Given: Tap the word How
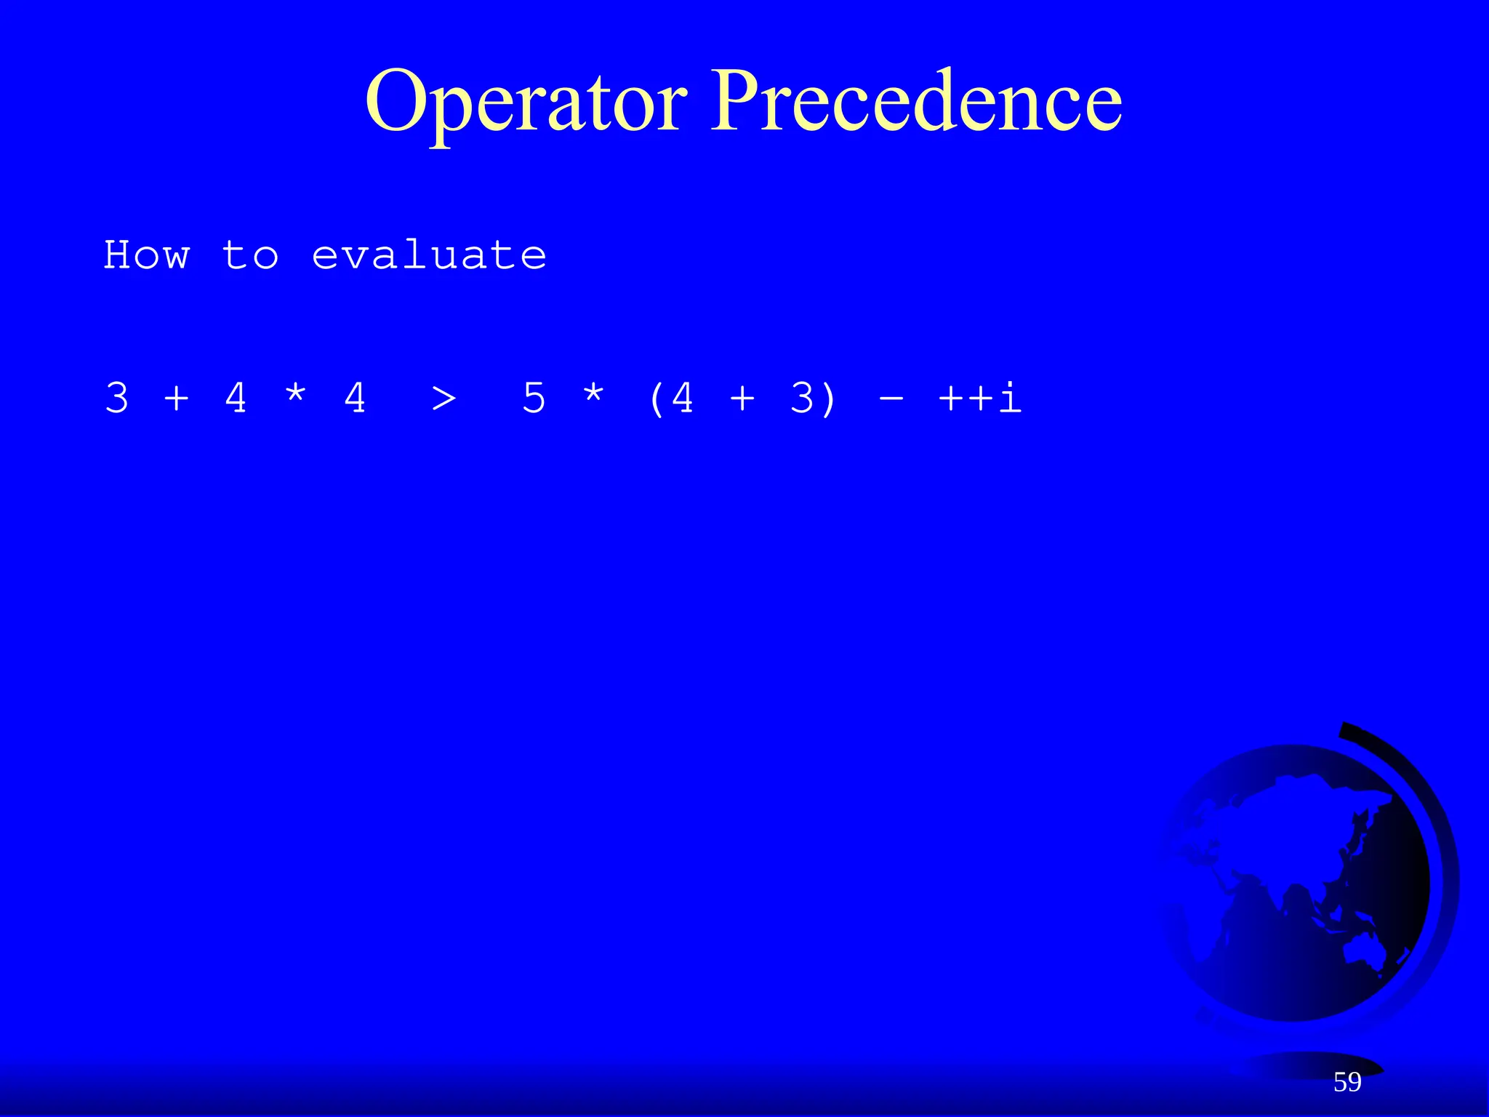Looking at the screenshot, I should click(x=147, y=255).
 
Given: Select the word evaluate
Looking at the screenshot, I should click(x=429, y=255).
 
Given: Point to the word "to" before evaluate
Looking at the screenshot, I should click(x=250, y=255).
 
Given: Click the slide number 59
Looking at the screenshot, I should click(x=1347, y=1082).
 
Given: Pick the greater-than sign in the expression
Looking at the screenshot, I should click(x=444, y=399).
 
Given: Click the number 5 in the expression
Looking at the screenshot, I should click(x=534, y=399).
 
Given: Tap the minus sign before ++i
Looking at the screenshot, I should click(x=891, y=399).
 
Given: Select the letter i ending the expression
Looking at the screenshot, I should click(x=1011, y=399).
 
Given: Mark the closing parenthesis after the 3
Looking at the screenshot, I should click(x=829, y=399).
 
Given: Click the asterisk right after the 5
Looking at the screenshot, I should click(x=593, y=396).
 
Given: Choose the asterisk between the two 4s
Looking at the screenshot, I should click(x=295, y=396).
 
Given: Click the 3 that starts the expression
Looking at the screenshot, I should click(x=117, y=399).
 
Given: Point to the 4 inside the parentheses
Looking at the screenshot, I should click(x=683, y=399).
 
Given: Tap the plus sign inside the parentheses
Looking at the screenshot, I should click(x=742, y=399).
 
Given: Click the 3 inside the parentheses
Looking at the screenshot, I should click(x=802, y=399).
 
